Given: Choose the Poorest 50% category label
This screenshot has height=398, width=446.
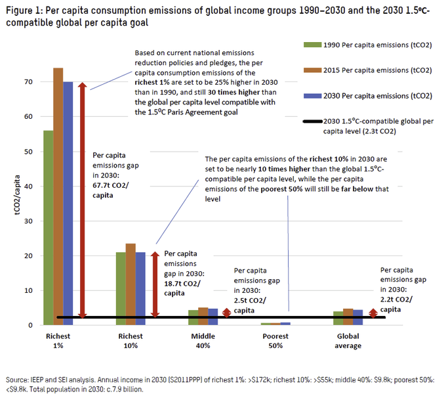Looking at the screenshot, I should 276,341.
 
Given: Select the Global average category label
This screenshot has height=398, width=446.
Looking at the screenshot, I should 348,341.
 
